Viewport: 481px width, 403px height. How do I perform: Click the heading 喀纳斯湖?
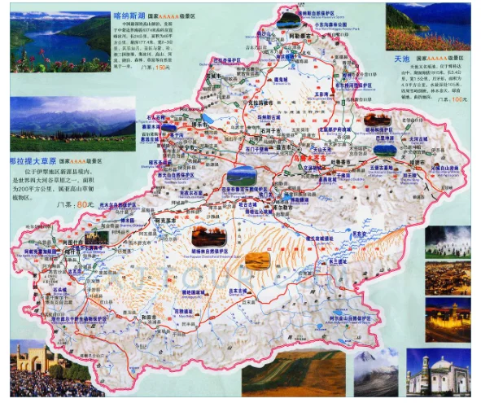coord(133,14)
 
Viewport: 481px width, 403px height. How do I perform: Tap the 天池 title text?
coord(401,59)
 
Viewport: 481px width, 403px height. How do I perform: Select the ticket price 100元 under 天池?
coord(460,99)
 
